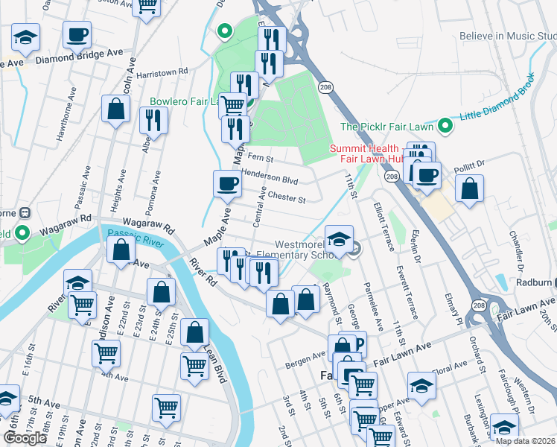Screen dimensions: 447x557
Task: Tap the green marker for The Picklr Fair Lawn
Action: click(x=445, y=126)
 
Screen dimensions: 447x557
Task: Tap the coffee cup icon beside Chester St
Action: click(x=228, y=183)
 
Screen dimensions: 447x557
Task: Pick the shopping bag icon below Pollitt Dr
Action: click(x=470, y=188)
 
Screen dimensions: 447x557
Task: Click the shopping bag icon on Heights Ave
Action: click(x=116, y=110)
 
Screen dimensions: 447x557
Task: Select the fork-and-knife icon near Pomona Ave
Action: click(x=153, y=120)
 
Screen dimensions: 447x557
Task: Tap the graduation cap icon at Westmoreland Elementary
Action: click(x=339, y=238)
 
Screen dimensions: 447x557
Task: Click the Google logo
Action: click(x=25, y=438)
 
